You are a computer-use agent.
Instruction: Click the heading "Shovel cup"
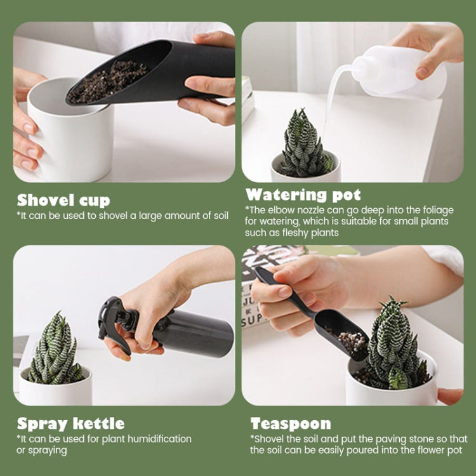click(x=63, y=201)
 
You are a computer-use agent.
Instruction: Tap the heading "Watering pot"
click(x=303, y=194)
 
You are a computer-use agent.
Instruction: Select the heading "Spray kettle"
click(x=70, y=423)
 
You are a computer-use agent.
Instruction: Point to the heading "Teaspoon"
click(x=291, y=423)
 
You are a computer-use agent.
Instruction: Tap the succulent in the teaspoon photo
click(x=393, y=346)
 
